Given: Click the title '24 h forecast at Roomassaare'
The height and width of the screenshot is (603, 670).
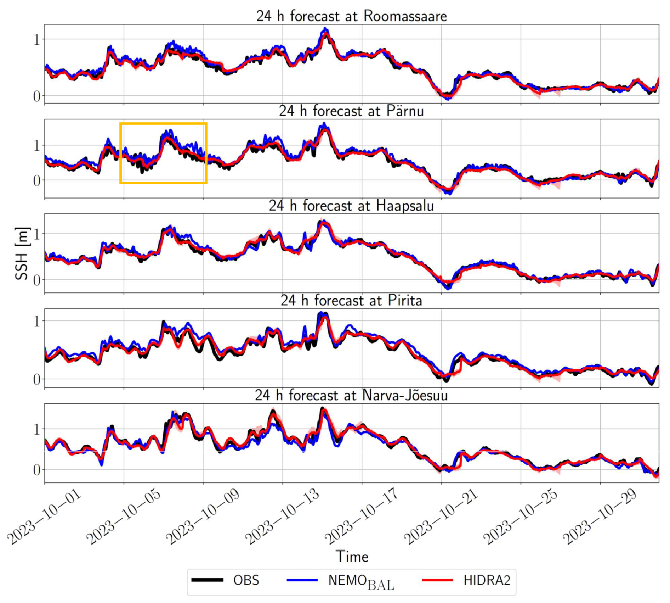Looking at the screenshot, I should (351, 16).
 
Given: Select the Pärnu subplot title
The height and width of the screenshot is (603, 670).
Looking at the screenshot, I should (351, 111).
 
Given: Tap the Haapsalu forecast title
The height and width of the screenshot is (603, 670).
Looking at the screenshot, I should (351, 206).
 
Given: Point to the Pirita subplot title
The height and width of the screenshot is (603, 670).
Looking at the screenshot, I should (351, 301).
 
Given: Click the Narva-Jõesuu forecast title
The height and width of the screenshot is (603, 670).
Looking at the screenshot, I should (351, 395).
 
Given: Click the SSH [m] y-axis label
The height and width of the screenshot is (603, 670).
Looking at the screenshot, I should (22, 253).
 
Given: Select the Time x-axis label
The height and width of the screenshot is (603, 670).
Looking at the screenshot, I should (352, 556).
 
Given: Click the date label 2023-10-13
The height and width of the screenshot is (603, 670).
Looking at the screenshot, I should (283, 517).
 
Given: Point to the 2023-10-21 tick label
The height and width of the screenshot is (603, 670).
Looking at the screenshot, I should (442, 517).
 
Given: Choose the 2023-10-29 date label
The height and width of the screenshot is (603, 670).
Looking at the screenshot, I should (600, 517).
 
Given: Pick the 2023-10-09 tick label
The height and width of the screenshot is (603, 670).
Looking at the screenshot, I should (204, 517).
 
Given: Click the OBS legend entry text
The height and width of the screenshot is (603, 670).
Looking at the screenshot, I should (246, 580).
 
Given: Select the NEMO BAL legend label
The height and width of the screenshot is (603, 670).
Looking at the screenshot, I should (361, 581).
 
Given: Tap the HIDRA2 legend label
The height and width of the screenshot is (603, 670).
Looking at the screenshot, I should (487, 580).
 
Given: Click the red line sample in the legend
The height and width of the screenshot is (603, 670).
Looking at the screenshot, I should (438, 580).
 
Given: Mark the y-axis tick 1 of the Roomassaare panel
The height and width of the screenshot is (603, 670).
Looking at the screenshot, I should (37, 40).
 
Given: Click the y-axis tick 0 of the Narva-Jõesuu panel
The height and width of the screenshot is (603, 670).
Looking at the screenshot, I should (37, 470).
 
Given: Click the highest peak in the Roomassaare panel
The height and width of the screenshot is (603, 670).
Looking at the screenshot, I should (325, 29).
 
